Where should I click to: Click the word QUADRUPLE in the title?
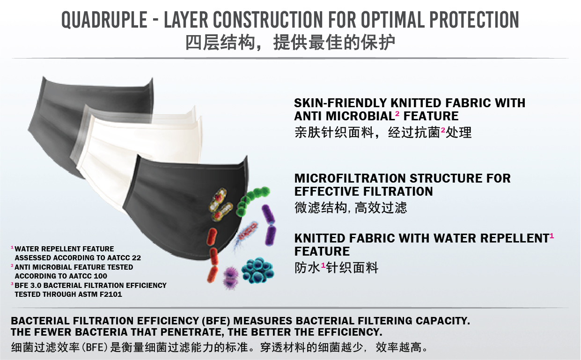tap(104, 20)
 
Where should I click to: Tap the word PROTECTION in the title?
tap(474, 20)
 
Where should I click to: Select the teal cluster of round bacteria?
tap(257, 270)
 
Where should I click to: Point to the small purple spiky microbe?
tap(230, 278)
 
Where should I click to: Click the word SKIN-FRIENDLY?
tap(340, 103)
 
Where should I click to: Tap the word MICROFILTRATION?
tap(350, 178)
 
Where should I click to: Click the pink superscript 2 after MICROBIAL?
tap(397, 113)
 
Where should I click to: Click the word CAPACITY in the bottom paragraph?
tap(442, 321)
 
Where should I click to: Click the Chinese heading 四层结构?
tap(220, 43)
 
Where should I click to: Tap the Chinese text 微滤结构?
tap(321, 208)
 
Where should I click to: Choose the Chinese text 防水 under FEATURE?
tap(308, 268)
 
